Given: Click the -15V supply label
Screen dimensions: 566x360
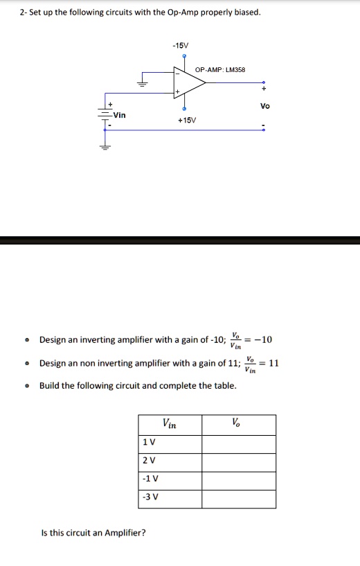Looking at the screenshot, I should click(x=181, y=45).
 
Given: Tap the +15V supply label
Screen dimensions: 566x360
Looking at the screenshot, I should click(x=186, y=119).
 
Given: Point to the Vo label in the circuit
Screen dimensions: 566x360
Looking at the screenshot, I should click(x=264, y=107).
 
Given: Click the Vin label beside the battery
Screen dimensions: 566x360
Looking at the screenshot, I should click(x=120, y=115).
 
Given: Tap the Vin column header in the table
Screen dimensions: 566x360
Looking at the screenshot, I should click(x=169, y=424).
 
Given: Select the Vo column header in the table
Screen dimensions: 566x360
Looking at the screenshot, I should click(x=237, y=424).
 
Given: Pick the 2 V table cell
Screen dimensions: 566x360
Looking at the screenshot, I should click(x=148, y=461).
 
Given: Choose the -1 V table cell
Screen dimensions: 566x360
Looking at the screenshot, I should click(x=150, y=479).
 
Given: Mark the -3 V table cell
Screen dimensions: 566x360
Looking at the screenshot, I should click(x=150, y=497).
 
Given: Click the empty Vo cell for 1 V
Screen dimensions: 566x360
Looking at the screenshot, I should click(x=238, y=443).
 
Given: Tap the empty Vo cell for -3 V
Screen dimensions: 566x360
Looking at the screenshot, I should click(x=238, y=497).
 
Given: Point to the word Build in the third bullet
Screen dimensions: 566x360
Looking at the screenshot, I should click(x=50, y=385).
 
